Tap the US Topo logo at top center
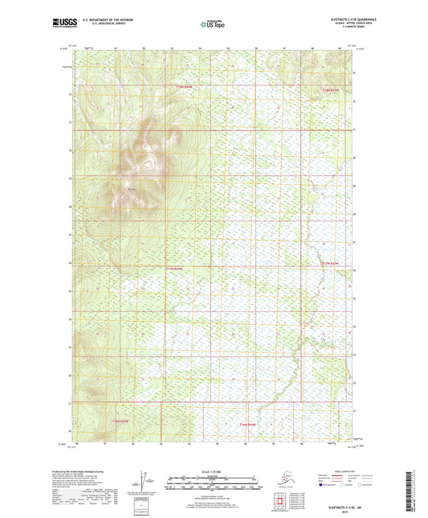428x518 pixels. click(x=213, y=24)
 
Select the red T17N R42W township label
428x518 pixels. click(x=331, y=263)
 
